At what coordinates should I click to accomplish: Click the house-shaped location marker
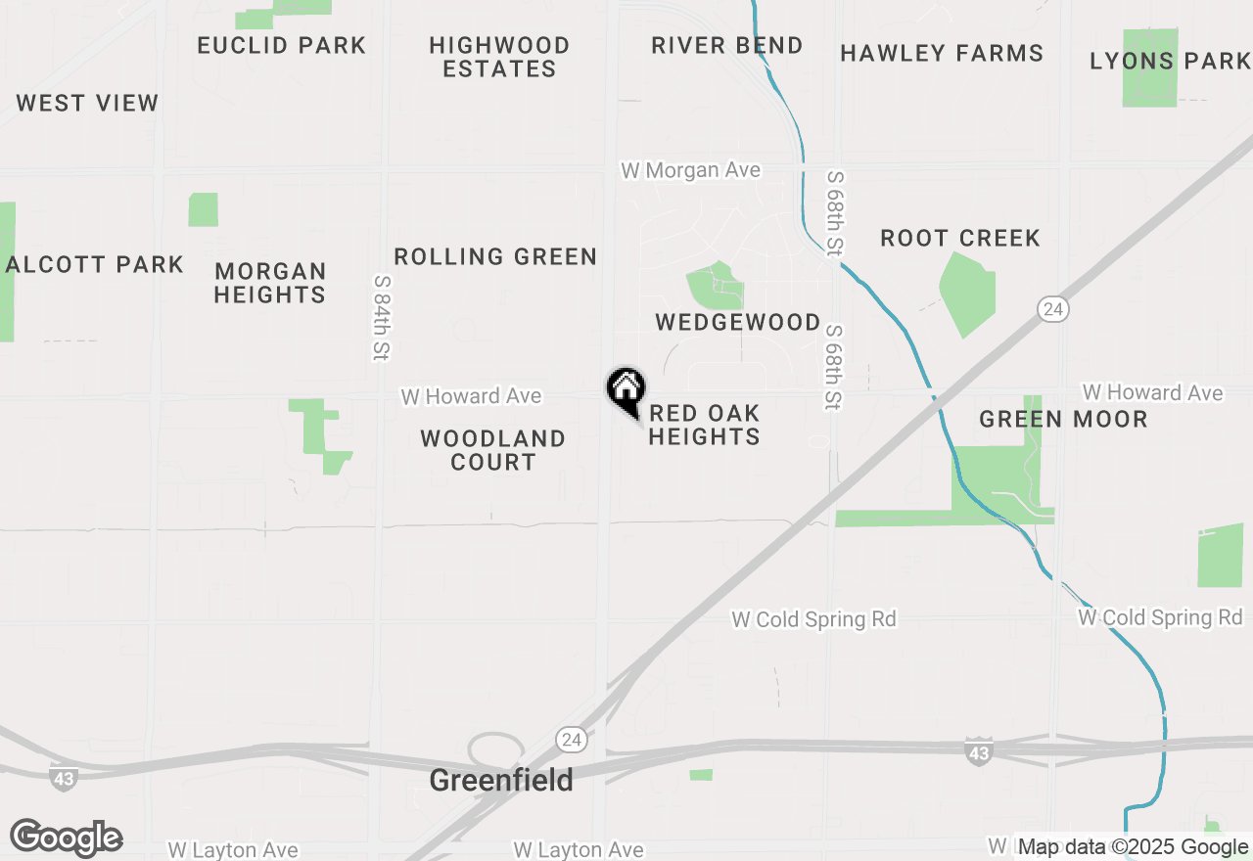point(626,389)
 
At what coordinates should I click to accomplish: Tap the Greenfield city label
point(501,780)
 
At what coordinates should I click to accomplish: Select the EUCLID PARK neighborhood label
point(282,45)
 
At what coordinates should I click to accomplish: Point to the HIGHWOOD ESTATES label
point(499,57)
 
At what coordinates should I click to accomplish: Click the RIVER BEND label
point(727,45)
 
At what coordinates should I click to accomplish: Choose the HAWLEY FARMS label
point(942,53)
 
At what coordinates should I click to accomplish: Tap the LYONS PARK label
point(1170,61)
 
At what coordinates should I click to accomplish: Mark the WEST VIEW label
point(87,103)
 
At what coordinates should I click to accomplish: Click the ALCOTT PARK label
point(95,264)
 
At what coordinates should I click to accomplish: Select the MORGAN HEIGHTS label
point(270,283)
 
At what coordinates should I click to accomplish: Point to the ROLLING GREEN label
point(495,256)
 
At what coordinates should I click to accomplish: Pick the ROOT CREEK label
point(960,238)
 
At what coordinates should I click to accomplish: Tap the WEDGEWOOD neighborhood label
point(738,322)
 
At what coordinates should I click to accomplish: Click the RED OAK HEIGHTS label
point(704,425)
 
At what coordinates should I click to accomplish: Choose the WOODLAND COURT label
point(493,450)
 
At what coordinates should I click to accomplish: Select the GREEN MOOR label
point(1063,419)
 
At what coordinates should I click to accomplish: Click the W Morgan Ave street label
point(690,170)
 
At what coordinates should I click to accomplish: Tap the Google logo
point(66,838)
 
